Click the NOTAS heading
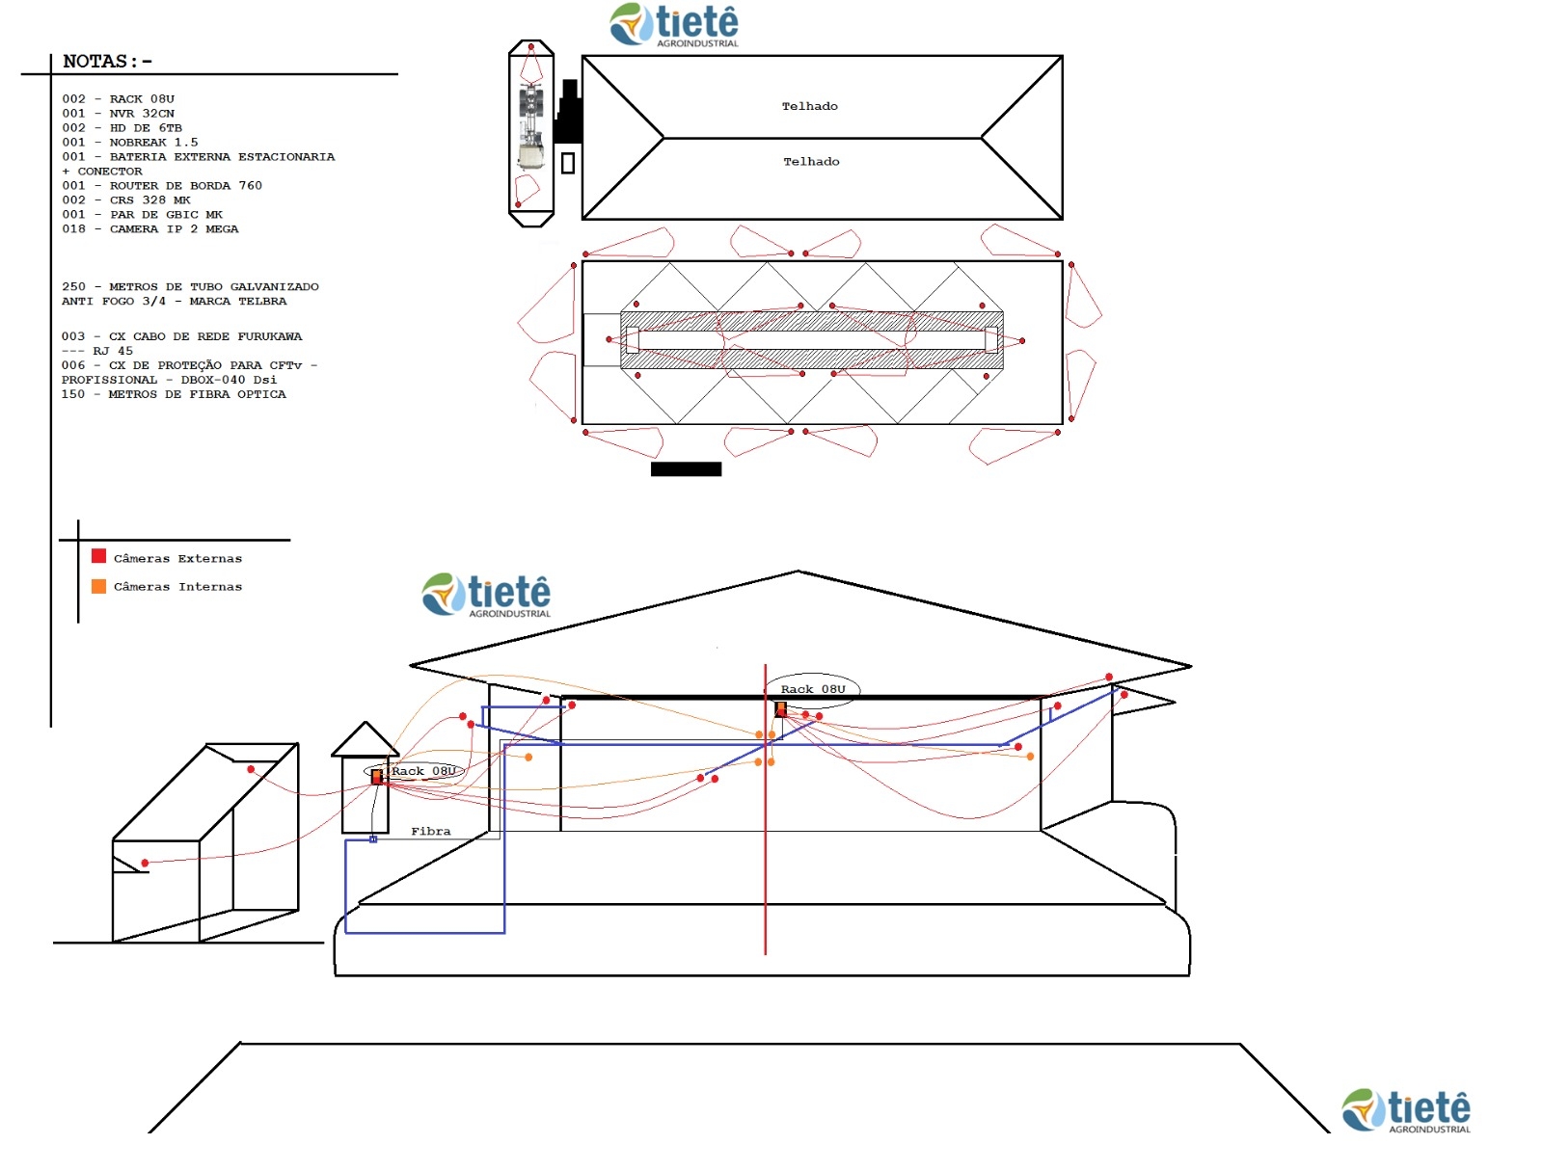pyautogui.click(x=107, y=61)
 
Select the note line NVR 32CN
pyautogui.click(x=118, y=113)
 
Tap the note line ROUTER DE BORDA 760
pyautogui.click(x=162, y=184)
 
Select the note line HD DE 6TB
pyautogui.click(x=122, y=127)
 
